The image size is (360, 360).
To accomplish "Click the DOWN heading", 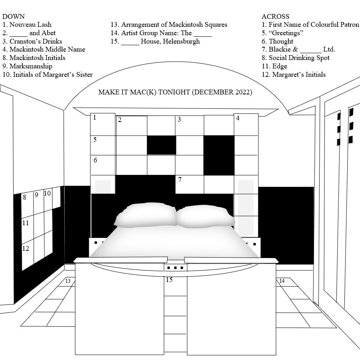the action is coord(13,16).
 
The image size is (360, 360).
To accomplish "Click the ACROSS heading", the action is coord(275,16).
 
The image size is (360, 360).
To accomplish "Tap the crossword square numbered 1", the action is coord(103,124).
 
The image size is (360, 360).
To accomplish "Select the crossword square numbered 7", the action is coord(190,184).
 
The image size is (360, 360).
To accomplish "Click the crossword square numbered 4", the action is coord(246,124).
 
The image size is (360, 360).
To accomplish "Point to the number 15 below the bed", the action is coord(169,280).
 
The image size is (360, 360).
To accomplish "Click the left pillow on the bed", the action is coord(146,215).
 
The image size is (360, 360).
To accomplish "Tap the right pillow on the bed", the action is coord(206,216).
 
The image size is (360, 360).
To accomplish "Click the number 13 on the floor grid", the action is coord(68,281).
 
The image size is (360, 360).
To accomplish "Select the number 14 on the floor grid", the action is coord(282,280).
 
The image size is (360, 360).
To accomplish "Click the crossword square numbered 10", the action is coord(48,200).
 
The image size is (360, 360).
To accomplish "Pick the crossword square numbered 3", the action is coord(190,125).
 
